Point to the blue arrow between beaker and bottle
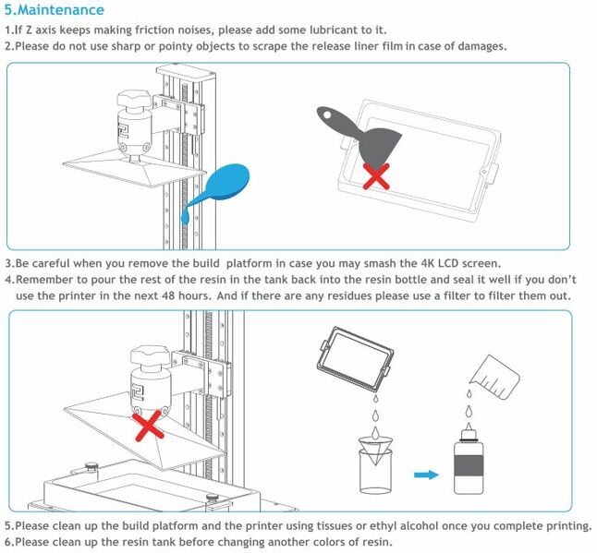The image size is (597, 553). pyautogui.click(x=425, y=474)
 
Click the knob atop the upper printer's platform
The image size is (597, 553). pyautogui.click(x=139, y=101)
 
